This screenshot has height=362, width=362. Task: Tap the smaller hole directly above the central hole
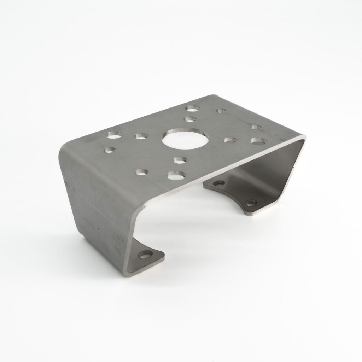(x=190, y=119)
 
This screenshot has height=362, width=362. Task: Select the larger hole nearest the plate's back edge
(x=193, y=107)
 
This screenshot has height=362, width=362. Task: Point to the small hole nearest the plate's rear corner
(x=222, y=111)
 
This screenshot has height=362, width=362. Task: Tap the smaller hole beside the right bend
(x=256, y=127)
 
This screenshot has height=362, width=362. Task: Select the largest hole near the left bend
(x=115, y=135)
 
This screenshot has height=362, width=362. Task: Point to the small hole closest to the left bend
(x=110, y=150)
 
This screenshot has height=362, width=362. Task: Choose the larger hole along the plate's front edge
(x=176, y=174)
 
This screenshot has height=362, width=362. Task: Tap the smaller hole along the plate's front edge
(x=142, y=172)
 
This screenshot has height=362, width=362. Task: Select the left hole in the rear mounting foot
(x=219, y=183)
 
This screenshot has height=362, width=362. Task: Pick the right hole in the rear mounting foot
(x=251, y=203)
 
